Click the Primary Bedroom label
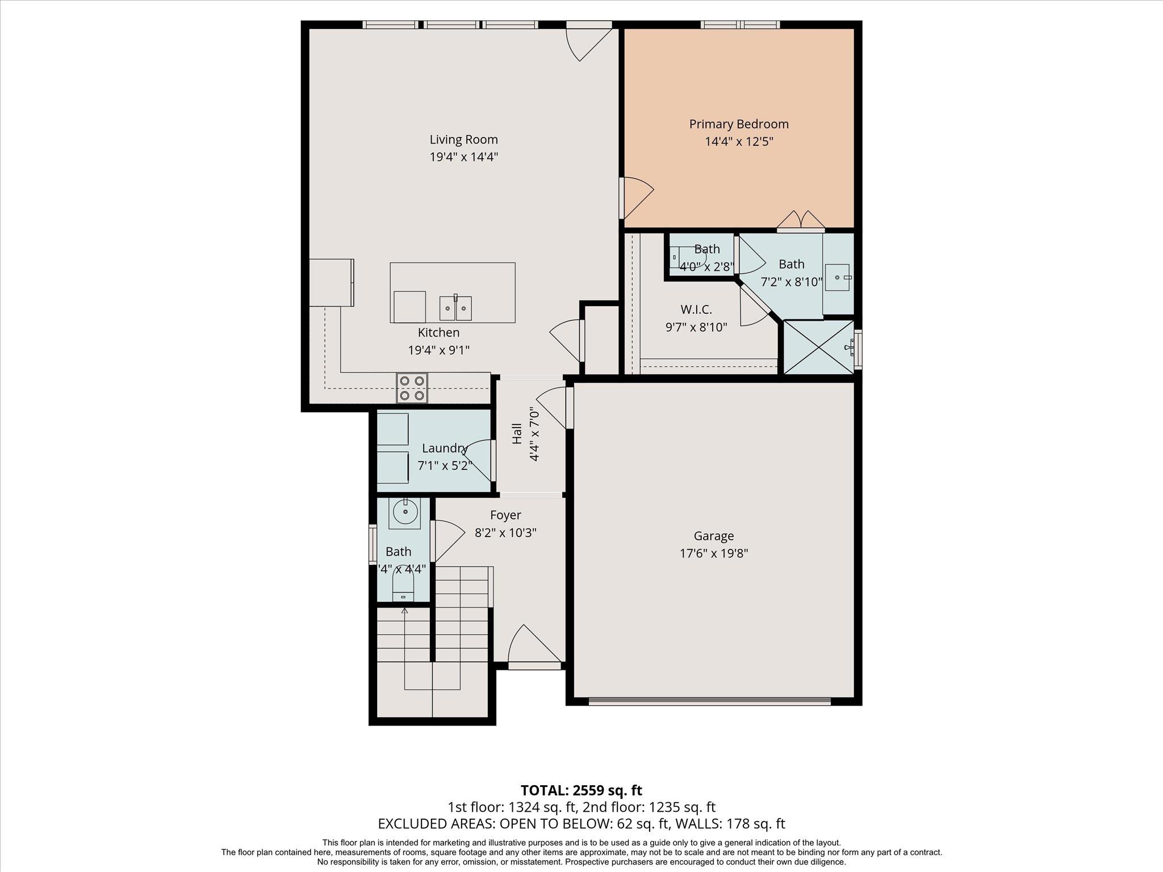(x=739, y=124)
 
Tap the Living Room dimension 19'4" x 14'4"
(x=463, y=157)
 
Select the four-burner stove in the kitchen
(x=412, y=388)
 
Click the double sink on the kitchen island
(x=455, y=308)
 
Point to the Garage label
(x=714, y=536)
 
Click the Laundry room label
(x=444, y=448)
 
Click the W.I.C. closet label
(x=696, y=309)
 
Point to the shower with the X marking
(x=819, y=347)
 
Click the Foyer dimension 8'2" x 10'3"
(x=505, y=533)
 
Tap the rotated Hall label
(x=517, y=434)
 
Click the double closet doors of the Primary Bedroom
(x=801, y=221)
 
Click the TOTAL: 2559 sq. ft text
(x=581, y=790)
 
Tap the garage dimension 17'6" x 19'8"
(x=714, y=554)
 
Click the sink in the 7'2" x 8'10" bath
(x=837, y=277)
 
